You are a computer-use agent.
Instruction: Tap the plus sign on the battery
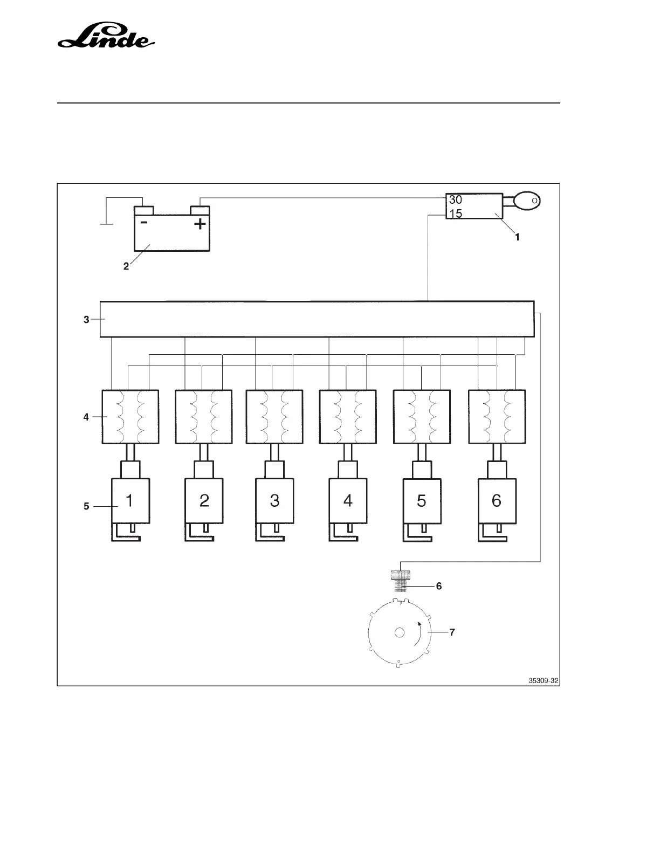coord(200,223)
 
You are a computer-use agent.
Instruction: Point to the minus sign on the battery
coord(144,222)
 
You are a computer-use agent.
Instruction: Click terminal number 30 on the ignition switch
coord(455,199)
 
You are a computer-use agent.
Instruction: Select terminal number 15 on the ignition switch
coord(456,213)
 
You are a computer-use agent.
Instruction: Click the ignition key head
coord(526,201)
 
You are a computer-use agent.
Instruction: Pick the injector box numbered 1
coord(130,500)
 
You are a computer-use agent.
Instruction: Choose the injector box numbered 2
coord(204,500)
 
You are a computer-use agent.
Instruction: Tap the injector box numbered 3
coord(274,500)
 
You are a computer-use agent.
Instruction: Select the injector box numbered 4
coord(348,500)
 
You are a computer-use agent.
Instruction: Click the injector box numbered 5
coord(422,500)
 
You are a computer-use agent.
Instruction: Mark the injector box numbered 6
coord(497,500)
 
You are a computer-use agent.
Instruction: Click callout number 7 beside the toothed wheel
coord(452,632)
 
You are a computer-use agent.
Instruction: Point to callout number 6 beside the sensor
coord(439,586)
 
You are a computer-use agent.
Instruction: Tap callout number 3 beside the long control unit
coord(86,319)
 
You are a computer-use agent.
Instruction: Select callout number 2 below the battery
coord(126,266)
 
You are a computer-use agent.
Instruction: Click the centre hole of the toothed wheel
coord(399,633)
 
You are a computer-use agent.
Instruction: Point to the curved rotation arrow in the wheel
coord(418,633)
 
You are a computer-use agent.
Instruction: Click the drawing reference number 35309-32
coord(544,681)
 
